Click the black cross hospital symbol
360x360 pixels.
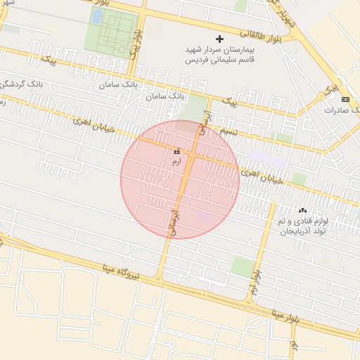coord(219,38)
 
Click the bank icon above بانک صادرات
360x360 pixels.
coord(345,99)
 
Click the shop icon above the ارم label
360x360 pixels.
coord(176,151)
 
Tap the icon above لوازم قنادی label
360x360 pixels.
coord(302,210)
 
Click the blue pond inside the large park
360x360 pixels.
coord(96,15)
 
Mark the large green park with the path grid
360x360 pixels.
coord(111,31)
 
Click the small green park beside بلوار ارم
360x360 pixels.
coord(243,266)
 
